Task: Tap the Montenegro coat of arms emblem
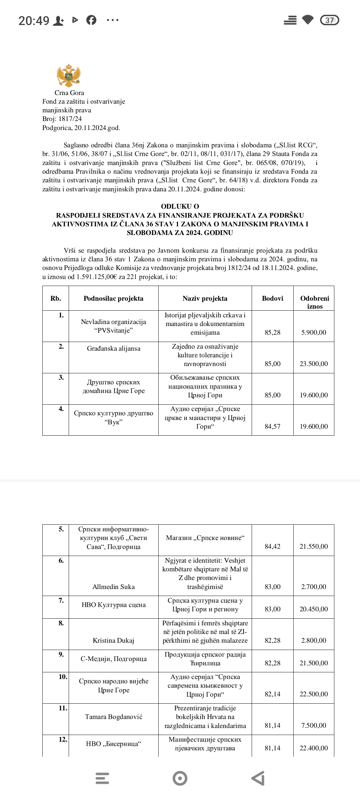pyautogui.click(x=69, y=75)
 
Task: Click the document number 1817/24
pyautogui.click(x=70, y=119)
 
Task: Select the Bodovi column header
pyautogui.click(x=272, y=298)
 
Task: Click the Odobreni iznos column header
pyautogui.click(x=314, y=302)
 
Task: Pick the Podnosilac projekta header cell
pyautogui.click(x=113, y=298)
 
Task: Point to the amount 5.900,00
pyautogui.click(x=314, y=332)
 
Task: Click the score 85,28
pyautogui.click(x=272, y=332)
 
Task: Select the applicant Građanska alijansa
pyautogui.click(x=113, y=348)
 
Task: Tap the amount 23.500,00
pyautogui.click(x=314, y=364)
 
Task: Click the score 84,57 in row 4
pyautogui.click(x=272, y=426)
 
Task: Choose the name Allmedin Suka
pyautogui.click(x=113, y=587)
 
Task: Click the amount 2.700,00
pyautogui.click(x=314, y=587)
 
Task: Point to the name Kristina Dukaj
pyautogui.click(x=113, y=640)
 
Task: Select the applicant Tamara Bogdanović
pyautogui.click(x=113, y=717)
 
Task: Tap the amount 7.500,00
pyautogui.click(x=314, y=725)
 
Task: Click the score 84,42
pyautogui.click(x=272, y=546)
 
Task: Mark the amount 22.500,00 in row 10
pyautogui.click(x=314, y=694)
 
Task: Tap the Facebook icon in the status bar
pyautogui.click(x=91, y=20)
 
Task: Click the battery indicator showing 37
pyautogui.click(x=329, y=20)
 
